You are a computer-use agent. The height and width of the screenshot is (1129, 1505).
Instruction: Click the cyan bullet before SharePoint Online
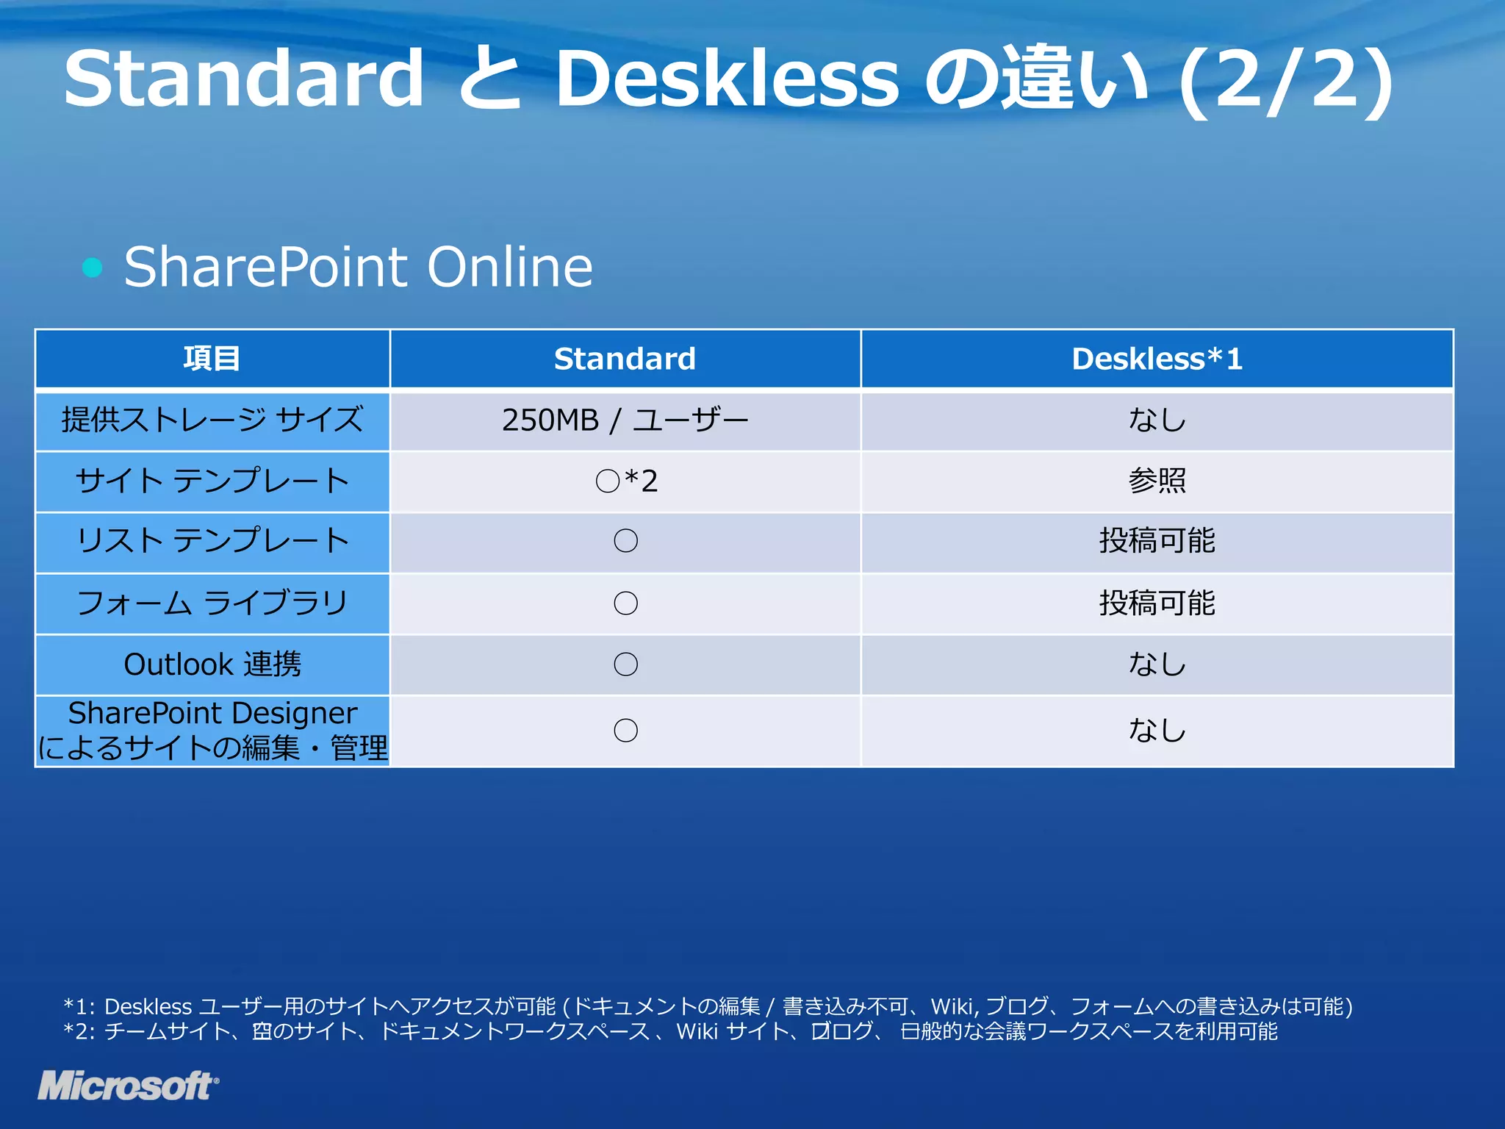tap(93, 267)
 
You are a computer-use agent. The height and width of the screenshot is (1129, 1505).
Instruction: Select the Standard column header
tap(625, 359)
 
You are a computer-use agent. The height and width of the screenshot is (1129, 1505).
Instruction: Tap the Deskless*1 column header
tap(1157, 359)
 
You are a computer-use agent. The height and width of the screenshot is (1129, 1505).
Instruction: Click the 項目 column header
tap(212, 359)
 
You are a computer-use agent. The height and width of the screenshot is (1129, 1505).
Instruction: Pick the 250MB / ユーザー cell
tap(625, 420)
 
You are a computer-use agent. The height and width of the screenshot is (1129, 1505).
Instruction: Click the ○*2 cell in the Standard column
tap(626, 481)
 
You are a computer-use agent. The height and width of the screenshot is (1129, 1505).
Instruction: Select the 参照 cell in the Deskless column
tap(1157, 481)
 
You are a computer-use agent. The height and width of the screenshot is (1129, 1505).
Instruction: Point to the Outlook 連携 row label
tap(212, 664)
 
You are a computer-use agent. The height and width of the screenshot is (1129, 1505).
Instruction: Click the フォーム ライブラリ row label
tap(212, 603)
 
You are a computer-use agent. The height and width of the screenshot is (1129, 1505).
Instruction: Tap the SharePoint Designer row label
tap(212, 731)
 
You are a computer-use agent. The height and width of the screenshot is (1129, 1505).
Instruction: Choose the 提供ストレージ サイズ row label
tap(212, 420)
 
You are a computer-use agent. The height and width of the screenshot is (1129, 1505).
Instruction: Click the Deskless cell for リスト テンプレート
tap(1157, 542)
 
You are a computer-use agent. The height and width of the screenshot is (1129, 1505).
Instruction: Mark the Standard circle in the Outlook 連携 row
tap(625, 664)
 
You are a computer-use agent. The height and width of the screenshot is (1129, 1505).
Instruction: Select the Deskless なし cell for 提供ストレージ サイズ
tap(1157, 420)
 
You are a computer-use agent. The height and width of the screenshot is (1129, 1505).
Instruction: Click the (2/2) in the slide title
tap(1286, 79)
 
